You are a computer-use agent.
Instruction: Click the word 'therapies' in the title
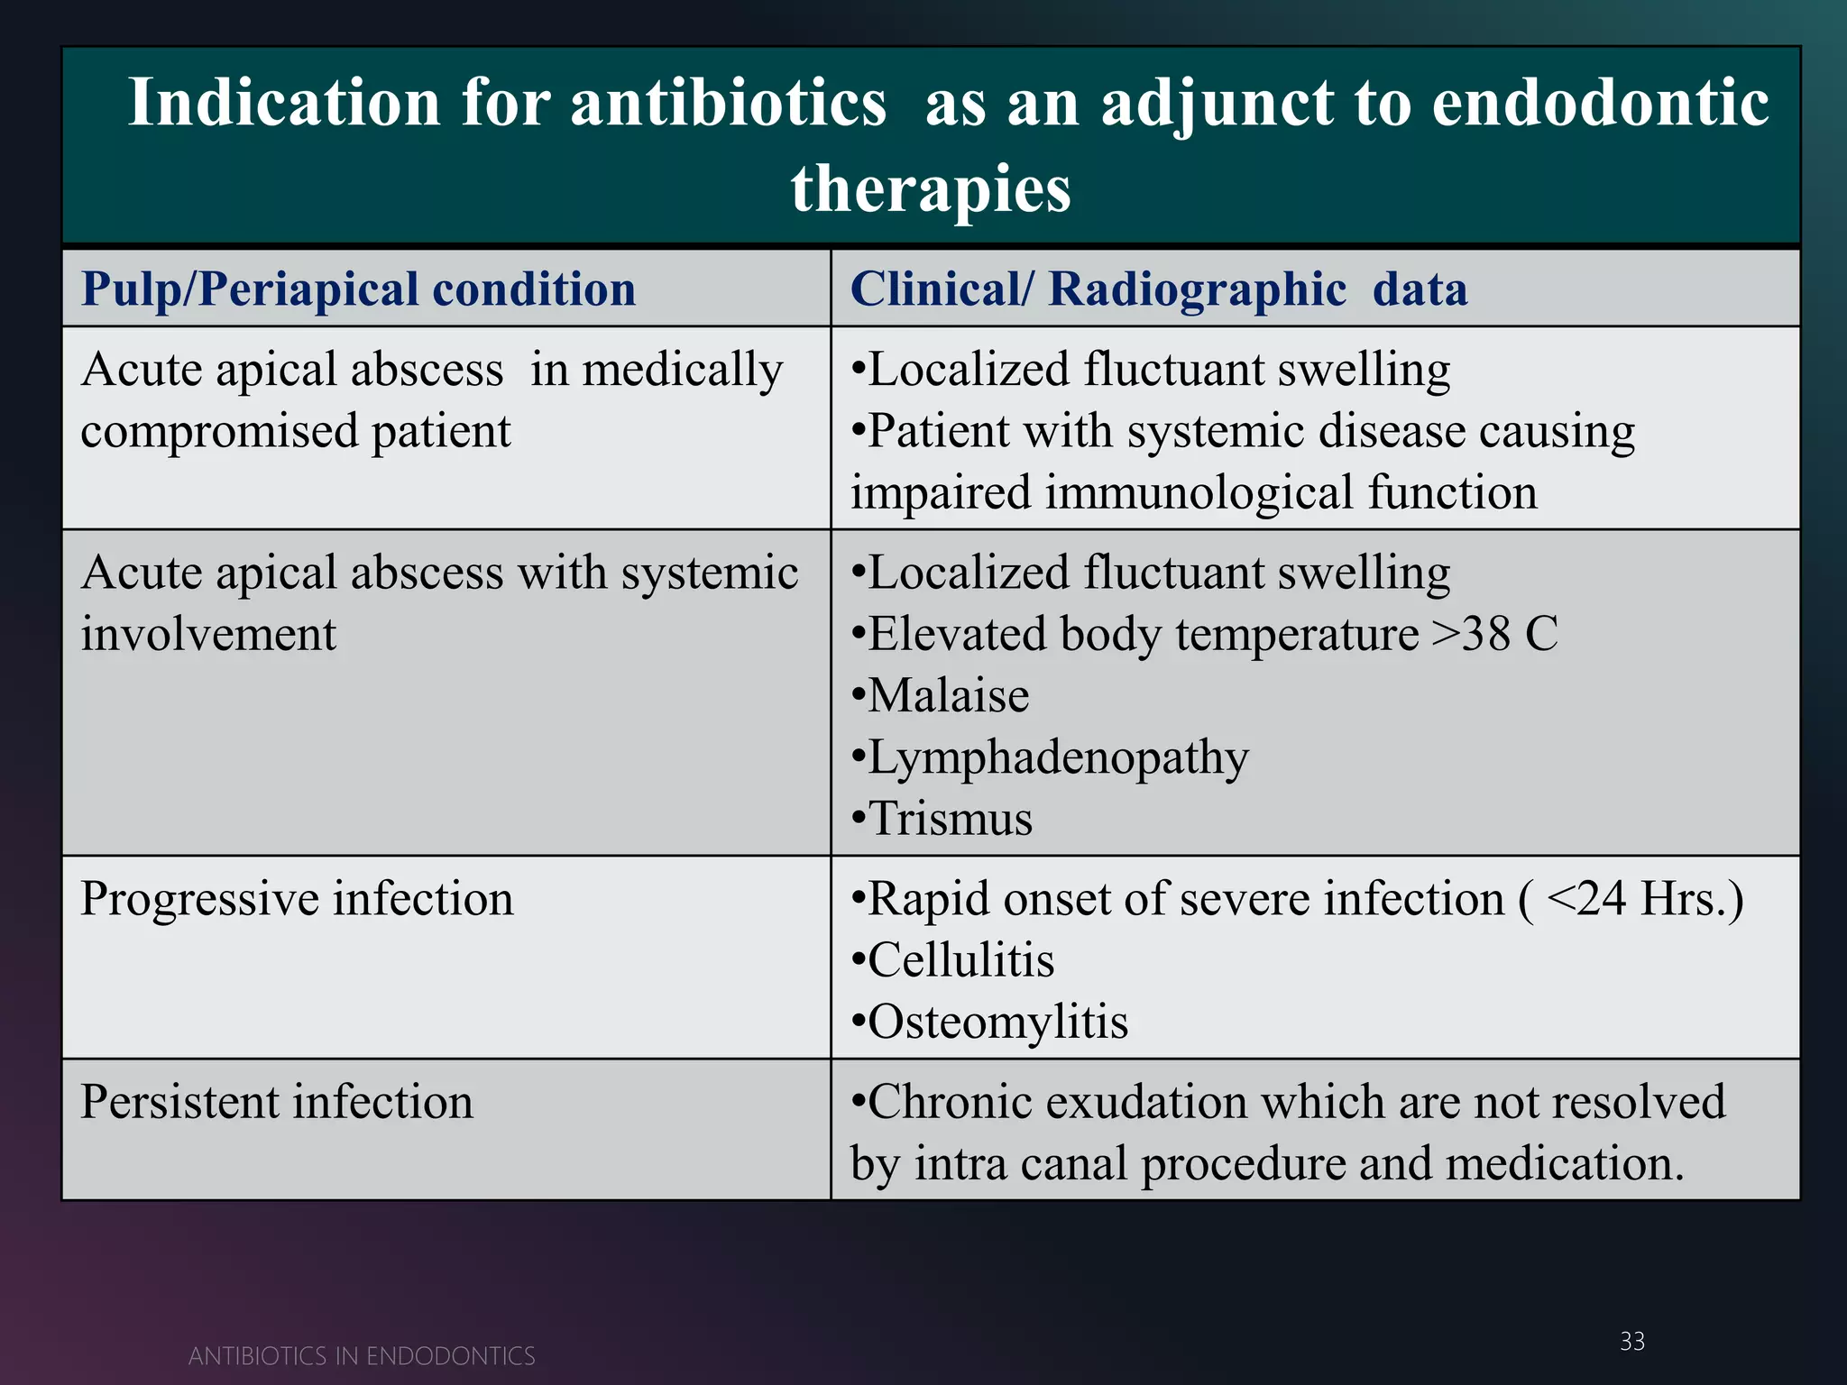click(x=931, y=189)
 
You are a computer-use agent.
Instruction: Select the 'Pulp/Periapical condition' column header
click(x=358, y=289)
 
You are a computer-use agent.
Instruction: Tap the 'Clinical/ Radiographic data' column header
click(x=1158, y=289)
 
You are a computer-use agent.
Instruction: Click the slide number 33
click(x=1631, y=1341)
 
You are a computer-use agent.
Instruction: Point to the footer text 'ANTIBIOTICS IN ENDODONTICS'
click(x=362, y=1356)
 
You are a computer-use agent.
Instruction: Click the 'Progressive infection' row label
click(x=297, y=899)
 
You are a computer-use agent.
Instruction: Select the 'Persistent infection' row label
click(x=277, y=1102)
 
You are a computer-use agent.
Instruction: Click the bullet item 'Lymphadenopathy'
click(x=1057, y=757)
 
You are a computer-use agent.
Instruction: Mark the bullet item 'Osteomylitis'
click(x=997, y=1022)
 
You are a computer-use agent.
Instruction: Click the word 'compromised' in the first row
click(x=219, y=431)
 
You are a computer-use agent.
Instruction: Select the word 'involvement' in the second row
click(x=208, y=634)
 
